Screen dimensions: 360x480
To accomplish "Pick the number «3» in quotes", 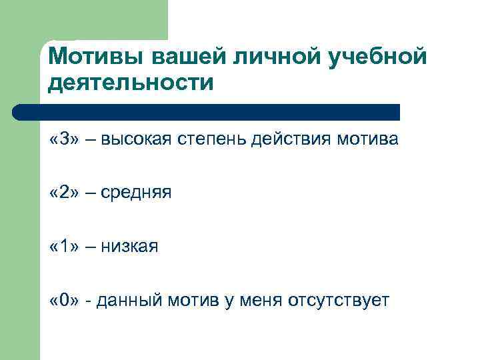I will pyautogui.click(x=64, y=139).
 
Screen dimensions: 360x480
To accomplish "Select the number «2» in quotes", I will pyautogui.click(x=64, y=193).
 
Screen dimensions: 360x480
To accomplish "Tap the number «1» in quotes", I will pyautogui.click(x=64, y=247).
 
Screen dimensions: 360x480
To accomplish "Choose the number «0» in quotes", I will pyautogui.click(x=64, y=301).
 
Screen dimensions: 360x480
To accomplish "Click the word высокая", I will pyautogui.click(x=138, y=139).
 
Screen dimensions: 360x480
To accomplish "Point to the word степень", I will pyautogui.click(x=213, y=139).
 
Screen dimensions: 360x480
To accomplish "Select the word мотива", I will pyautogui.click(x=366, y=139).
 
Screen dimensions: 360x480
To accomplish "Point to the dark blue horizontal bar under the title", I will pyautogui.click(x=207, y=112).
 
